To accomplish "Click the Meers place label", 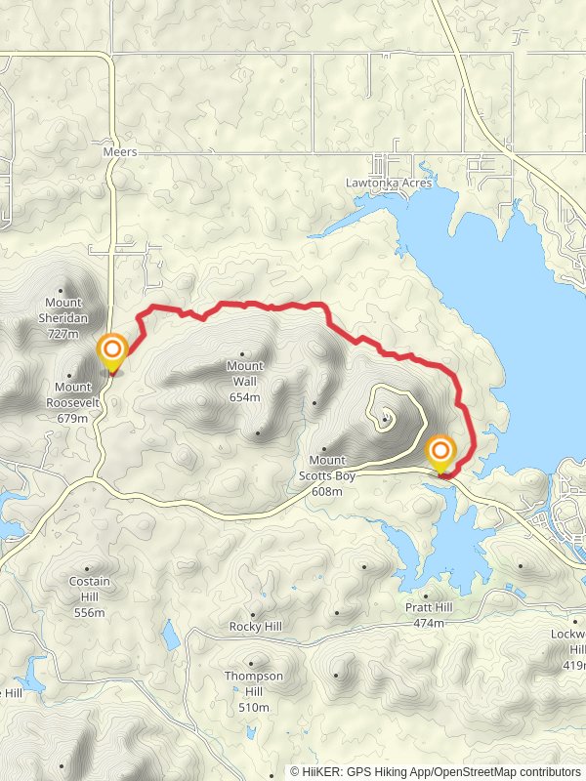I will [119, 152].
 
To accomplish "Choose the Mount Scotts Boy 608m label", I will [325, 475].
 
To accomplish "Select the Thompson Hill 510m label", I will [253, 691].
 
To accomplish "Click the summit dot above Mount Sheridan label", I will [63, 289].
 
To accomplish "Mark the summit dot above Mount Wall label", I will [242, 353].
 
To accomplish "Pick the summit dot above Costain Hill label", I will [89, 567].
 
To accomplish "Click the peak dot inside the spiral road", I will [386, 421].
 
